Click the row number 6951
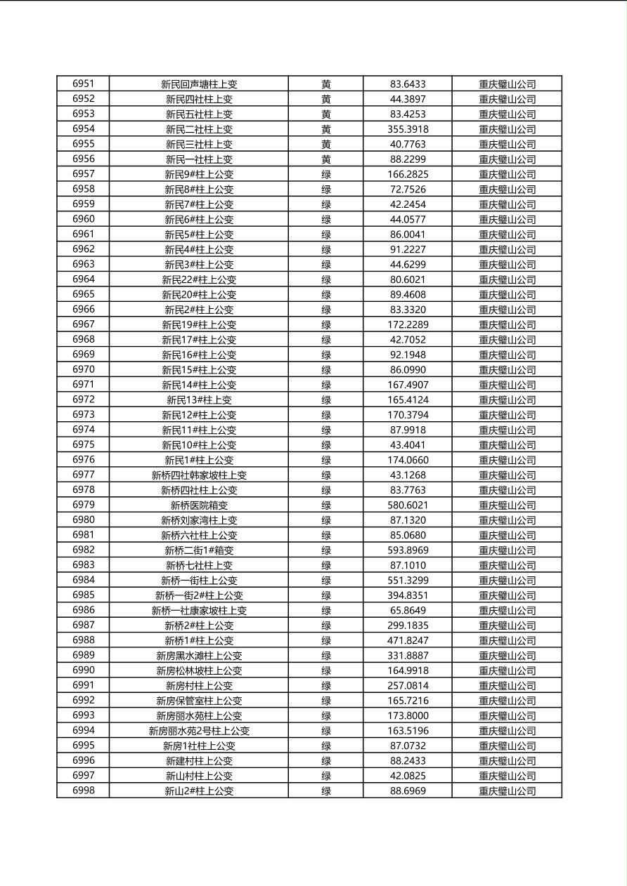(x=83, y=84)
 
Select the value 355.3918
(x=408, y=129)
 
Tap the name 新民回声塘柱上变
(x=199, y=84)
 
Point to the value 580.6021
(x=408, y=505)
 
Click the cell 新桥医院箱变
(x=199, y=505)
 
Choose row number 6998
(x=83, y=791)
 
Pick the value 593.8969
(x=408, y=550)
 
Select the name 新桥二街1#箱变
(x=199, y=550)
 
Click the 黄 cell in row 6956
(x=326, y=159)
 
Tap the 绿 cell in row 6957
(x=326, y=174)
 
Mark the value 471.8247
(x=408, y=641)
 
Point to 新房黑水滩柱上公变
(x=199, y=656)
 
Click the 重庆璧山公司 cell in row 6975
(x=507, y=445)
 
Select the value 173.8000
(x=408, y=716)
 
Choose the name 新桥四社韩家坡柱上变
(x=199, y=475)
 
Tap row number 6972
(x=83, y=400)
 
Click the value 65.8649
(x=408, y=611)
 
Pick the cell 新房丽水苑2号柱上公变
(x=199, y=731)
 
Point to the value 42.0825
(x=408, y=776)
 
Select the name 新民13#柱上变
(x=199, y=400)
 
